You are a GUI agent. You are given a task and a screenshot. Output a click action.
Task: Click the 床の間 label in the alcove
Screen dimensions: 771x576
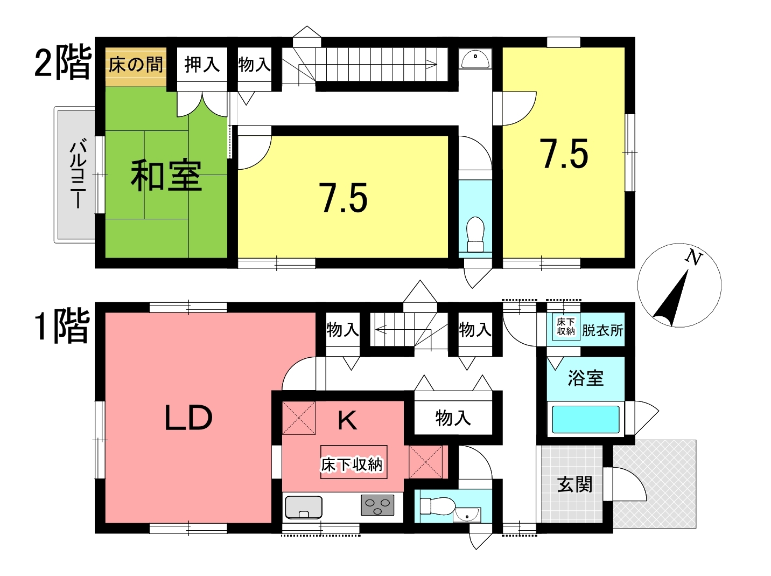136,65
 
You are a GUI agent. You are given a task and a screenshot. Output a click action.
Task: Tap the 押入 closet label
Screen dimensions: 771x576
202,65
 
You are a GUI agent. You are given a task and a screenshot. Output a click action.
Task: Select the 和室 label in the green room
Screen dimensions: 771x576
166,176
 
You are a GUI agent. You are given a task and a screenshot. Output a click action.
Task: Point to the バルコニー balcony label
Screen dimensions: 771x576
78,173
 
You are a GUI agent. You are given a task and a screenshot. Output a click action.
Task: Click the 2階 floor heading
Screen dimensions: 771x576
63,63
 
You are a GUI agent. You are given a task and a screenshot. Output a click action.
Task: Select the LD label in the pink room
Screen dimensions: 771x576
188,418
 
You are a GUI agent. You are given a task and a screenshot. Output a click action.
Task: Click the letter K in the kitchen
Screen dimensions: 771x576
347,420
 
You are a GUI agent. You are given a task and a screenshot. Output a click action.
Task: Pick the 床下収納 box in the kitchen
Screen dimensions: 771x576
354,462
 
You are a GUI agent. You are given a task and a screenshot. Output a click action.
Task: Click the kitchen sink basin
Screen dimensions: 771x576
304,507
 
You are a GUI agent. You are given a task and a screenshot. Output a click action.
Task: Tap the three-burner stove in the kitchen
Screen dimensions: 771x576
377,505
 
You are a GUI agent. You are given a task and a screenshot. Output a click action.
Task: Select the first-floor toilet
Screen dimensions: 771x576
437,506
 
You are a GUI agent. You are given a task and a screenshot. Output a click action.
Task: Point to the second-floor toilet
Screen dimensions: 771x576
475,234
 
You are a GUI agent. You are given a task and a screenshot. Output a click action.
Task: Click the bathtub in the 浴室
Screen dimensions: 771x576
586,419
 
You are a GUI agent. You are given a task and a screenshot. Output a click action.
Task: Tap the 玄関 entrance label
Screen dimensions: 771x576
574,484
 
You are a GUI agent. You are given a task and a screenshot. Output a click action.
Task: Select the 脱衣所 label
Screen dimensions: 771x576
602,330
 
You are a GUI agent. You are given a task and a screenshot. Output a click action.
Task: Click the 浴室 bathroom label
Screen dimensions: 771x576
586,378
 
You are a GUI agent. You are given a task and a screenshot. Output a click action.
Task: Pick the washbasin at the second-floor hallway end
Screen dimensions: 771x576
475,59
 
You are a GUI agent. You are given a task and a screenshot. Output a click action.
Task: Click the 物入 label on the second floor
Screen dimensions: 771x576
255,65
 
